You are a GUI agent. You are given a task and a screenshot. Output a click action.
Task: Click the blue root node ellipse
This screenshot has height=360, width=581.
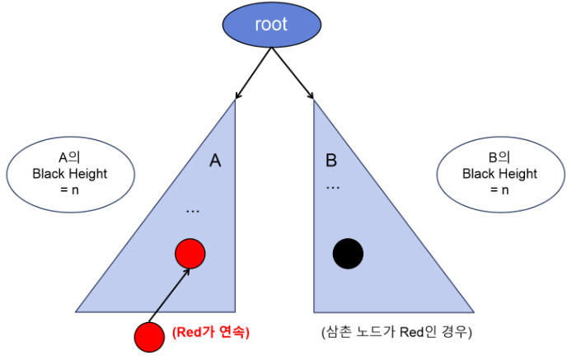pyautogui.click(x=271, y=24)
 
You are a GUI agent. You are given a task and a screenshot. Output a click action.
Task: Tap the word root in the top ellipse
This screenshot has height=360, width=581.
pyautogui.click(x=271, y=24)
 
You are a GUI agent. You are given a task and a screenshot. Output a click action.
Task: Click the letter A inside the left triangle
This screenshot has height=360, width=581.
pyautogui.click(x=215, y=161)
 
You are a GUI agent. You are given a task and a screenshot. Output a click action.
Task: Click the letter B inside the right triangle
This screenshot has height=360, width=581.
pyautogui.click(x=331, y=161)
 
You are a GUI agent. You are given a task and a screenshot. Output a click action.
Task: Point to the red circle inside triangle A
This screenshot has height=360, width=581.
pyautogui.click(x=190, y=254)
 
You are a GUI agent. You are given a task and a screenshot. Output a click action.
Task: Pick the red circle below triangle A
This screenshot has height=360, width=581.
pyautogui.click(x=149, y=336)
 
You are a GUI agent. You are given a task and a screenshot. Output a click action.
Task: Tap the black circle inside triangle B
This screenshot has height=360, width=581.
pyautogui.click(x=348, y=254)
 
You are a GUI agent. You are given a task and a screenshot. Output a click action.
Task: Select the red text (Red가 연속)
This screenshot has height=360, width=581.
pyautogui.click(x=211, y=333)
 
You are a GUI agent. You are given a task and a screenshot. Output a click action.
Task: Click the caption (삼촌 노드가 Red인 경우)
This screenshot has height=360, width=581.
pyautogui.click(x=396, y=333)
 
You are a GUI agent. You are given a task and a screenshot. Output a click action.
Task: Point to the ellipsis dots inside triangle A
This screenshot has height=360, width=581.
pyautogui.click(x=192, y=212)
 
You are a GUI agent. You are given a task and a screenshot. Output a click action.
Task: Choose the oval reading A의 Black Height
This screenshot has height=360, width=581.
pyautogui.click(x=69, y=175)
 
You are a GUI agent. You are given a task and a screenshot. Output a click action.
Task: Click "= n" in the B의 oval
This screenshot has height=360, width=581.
pyautogui.click(x=499, y=190)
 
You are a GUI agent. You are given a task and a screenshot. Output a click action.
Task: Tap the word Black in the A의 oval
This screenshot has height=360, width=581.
pyautogui.click(x=49, y=174)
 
